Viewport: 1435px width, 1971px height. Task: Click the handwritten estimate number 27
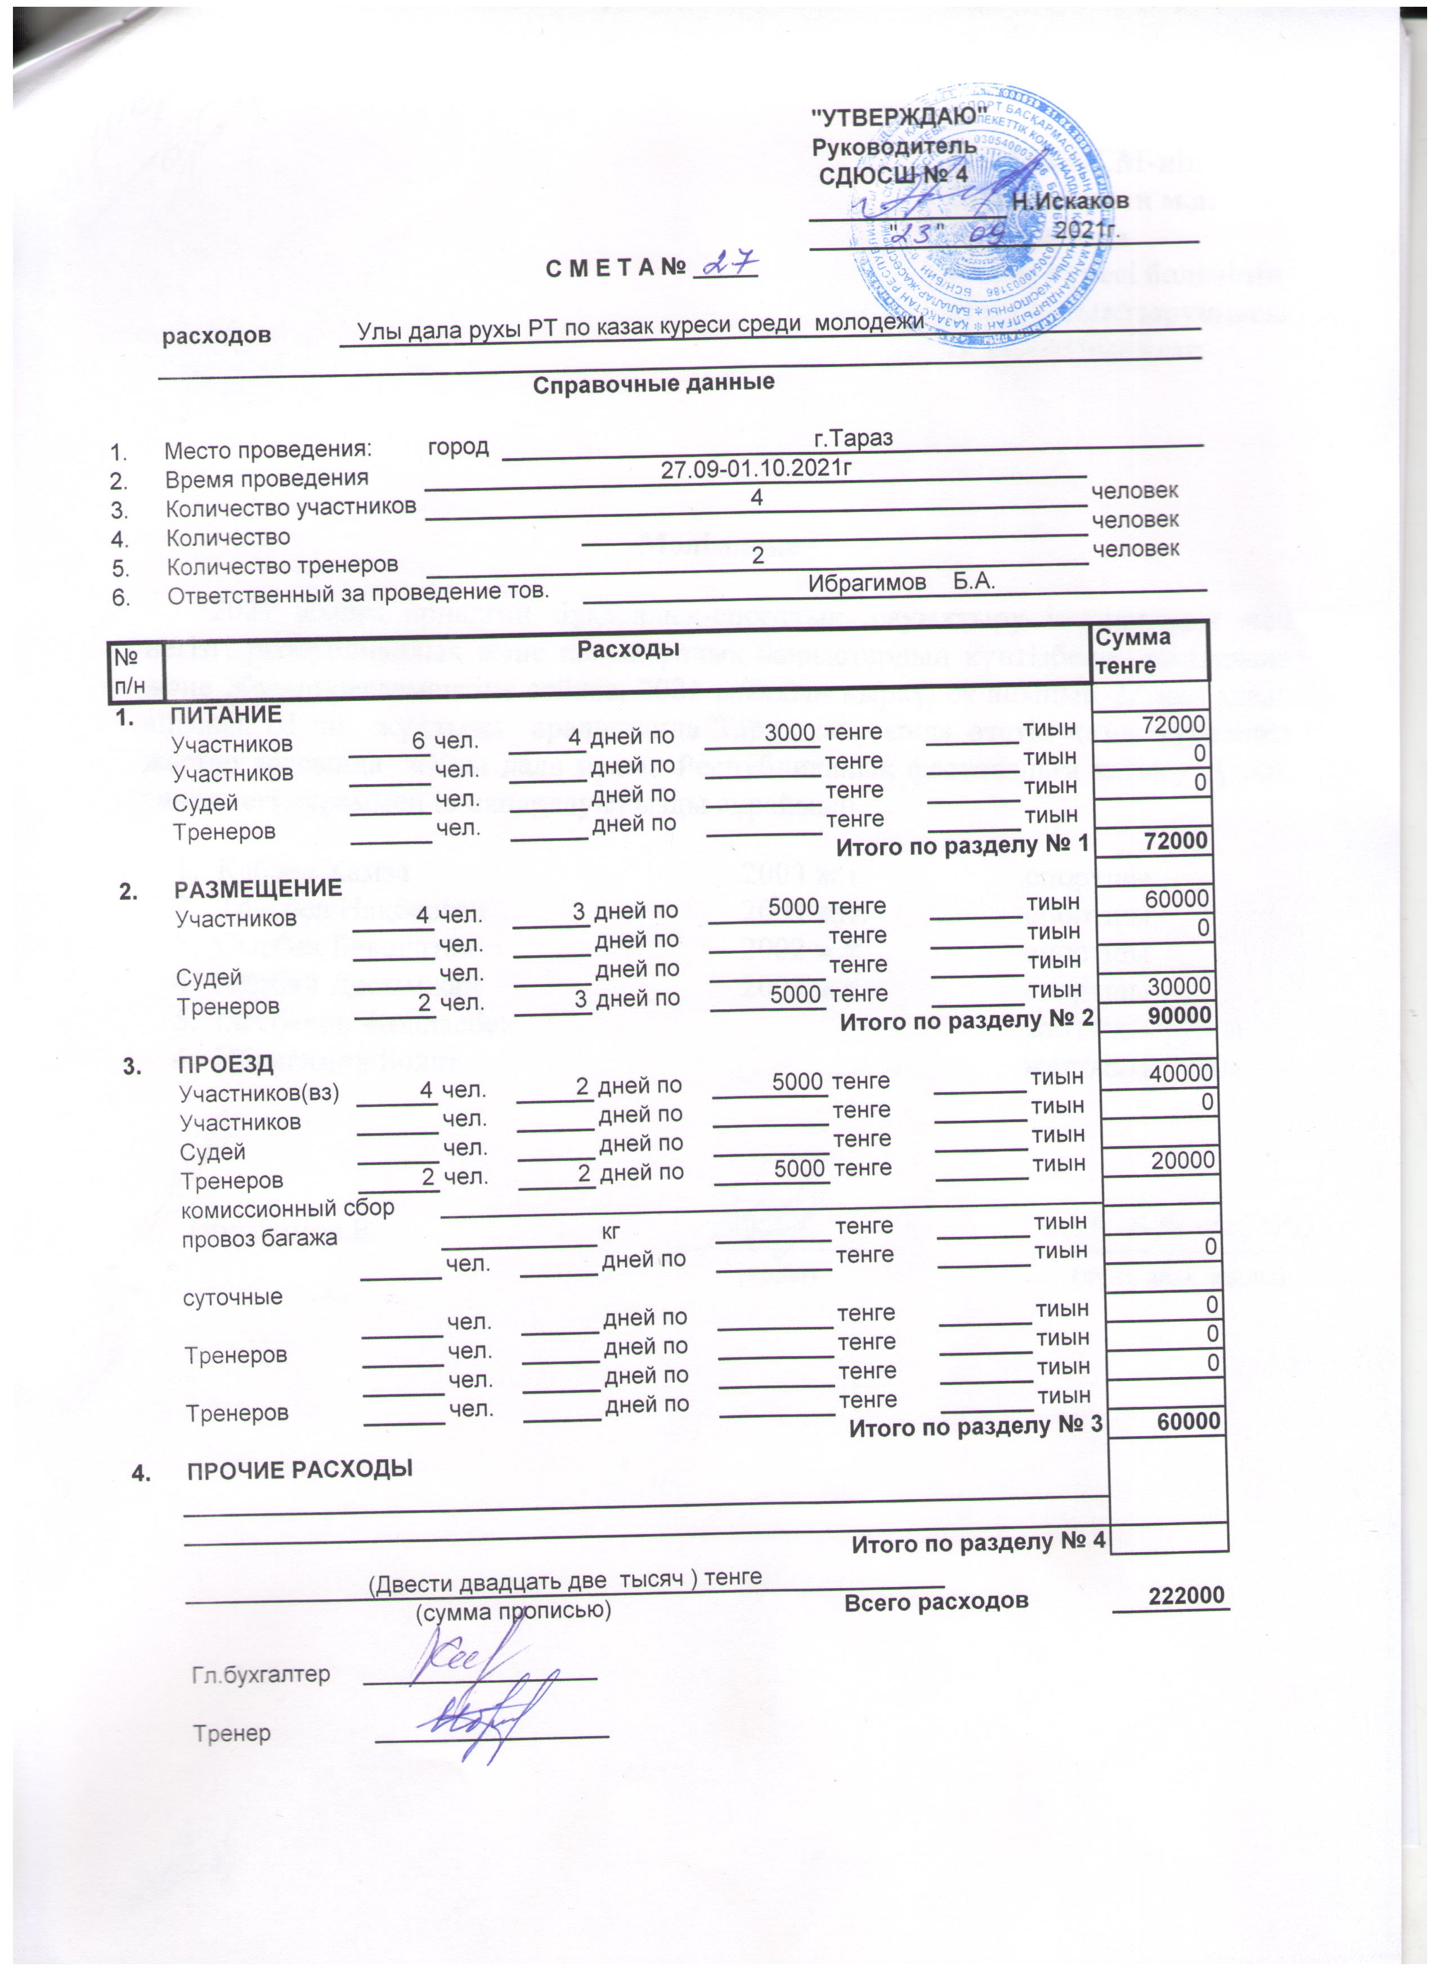coord(728,263)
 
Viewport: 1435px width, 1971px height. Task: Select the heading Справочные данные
coord(653,382)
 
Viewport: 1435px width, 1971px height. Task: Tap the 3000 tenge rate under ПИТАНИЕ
coord(790,732)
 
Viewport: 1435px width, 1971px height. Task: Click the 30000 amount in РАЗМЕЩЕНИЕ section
coord(1177,985)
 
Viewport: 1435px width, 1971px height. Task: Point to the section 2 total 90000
coord(1177,1015)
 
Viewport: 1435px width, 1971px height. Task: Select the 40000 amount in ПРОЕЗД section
coord(1181,1073)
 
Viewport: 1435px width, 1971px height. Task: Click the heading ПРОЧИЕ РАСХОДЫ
coord(300,1469)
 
